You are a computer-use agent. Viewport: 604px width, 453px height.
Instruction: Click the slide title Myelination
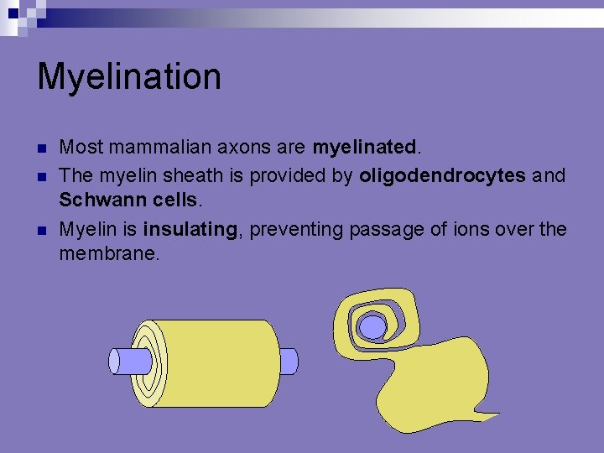click(x=129, y=77)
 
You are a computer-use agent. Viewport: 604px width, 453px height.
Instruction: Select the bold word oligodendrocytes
click(x=442, y=176)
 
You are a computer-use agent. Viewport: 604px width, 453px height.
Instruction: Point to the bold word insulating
click(x=191, y=229)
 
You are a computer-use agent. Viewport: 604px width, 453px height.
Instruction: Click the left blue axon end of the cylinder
click(x=120, y=362)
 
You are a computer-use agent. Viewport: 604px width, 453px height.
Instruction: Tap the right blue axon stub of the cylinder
click(x=288, y=362)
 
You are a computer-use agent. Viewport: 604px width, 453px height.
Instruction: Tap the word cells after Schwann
click(x=171, y=201)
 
